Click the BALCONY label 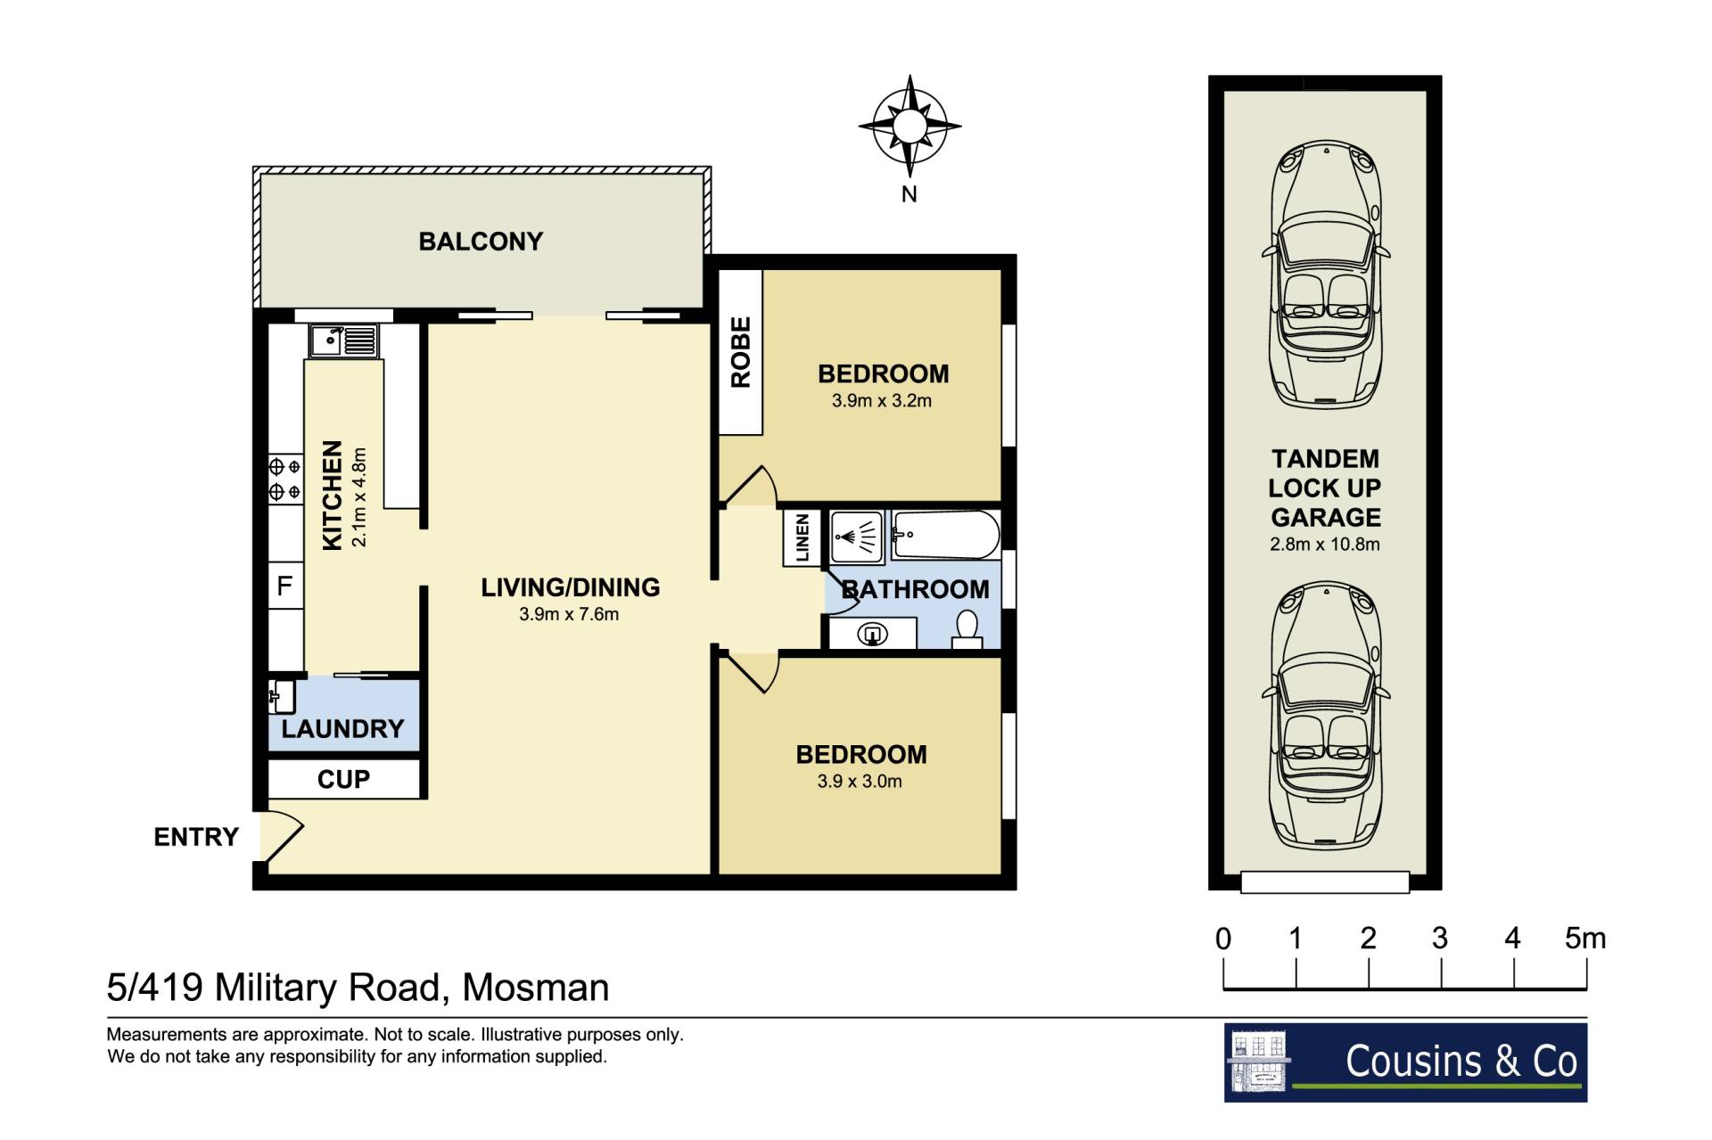tap(481, 242)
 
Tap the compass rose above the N tap(909, 126)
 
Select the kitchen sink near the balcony tap(343, 340)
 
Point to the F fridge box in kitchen tap(285, 586)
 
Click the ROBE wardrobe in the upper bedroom tap(741, 352)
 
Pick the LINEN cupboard tap(802, 537)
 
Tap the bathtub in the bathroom tap(945, 535)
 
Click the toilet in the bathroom tap(967, 629)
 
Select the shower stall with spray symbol tap(856, 537)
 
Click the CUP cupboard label tap(343, 779)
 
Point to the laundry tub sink tap(281, 697)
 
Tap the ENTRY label tap(196, 837)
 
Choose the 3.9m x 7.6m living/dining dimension tap(569, 614)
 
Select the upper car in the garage tap(1326, 275)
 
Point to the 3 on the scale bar tap(1440, 938)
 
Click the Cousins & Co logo tap(1405, 1062)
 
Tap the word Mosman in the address tap(536, 988)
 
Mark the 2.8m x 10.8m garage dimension tap(1325, 545)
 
